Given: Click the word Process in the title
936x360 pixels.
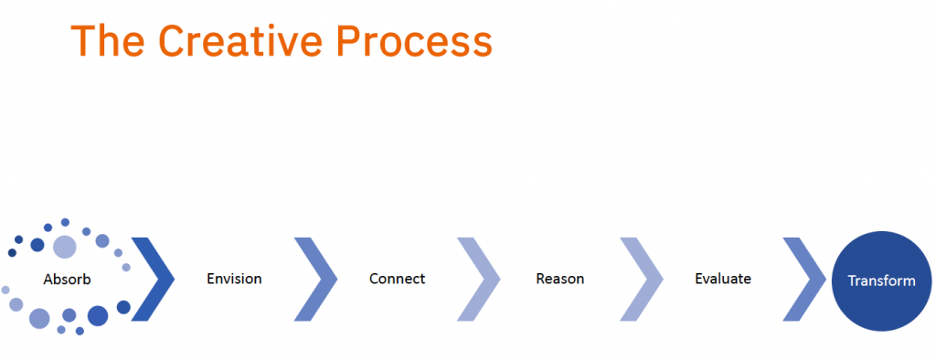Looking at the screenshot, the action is click(x=414, y=41).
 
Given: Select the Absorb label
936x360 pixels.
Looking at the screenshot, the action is click(x=67, y=279).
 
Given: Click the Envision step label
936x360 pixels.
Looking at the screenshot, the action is click(x=234, y=279).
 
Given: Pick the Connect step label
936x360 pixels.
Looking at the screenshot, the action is click(x=397, y=279).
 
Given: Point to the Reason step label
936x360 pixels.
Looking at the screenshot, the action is click(x=560, y=279).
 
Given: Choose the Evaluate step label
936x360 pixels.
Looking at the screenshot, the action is click(x=723, y=279).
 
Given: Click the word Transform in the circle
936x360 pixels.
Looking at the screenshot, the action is click(x=882, y=281).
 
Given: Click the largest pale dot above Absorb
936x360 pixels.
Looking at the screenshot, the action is click(x=65, y=247).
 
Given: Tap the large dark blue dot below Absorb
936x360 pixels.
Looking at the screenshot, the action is click(x=98, y=316).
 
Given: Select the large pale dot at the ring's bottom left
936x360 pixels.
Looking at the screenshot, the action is click(x=39, y=318).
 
